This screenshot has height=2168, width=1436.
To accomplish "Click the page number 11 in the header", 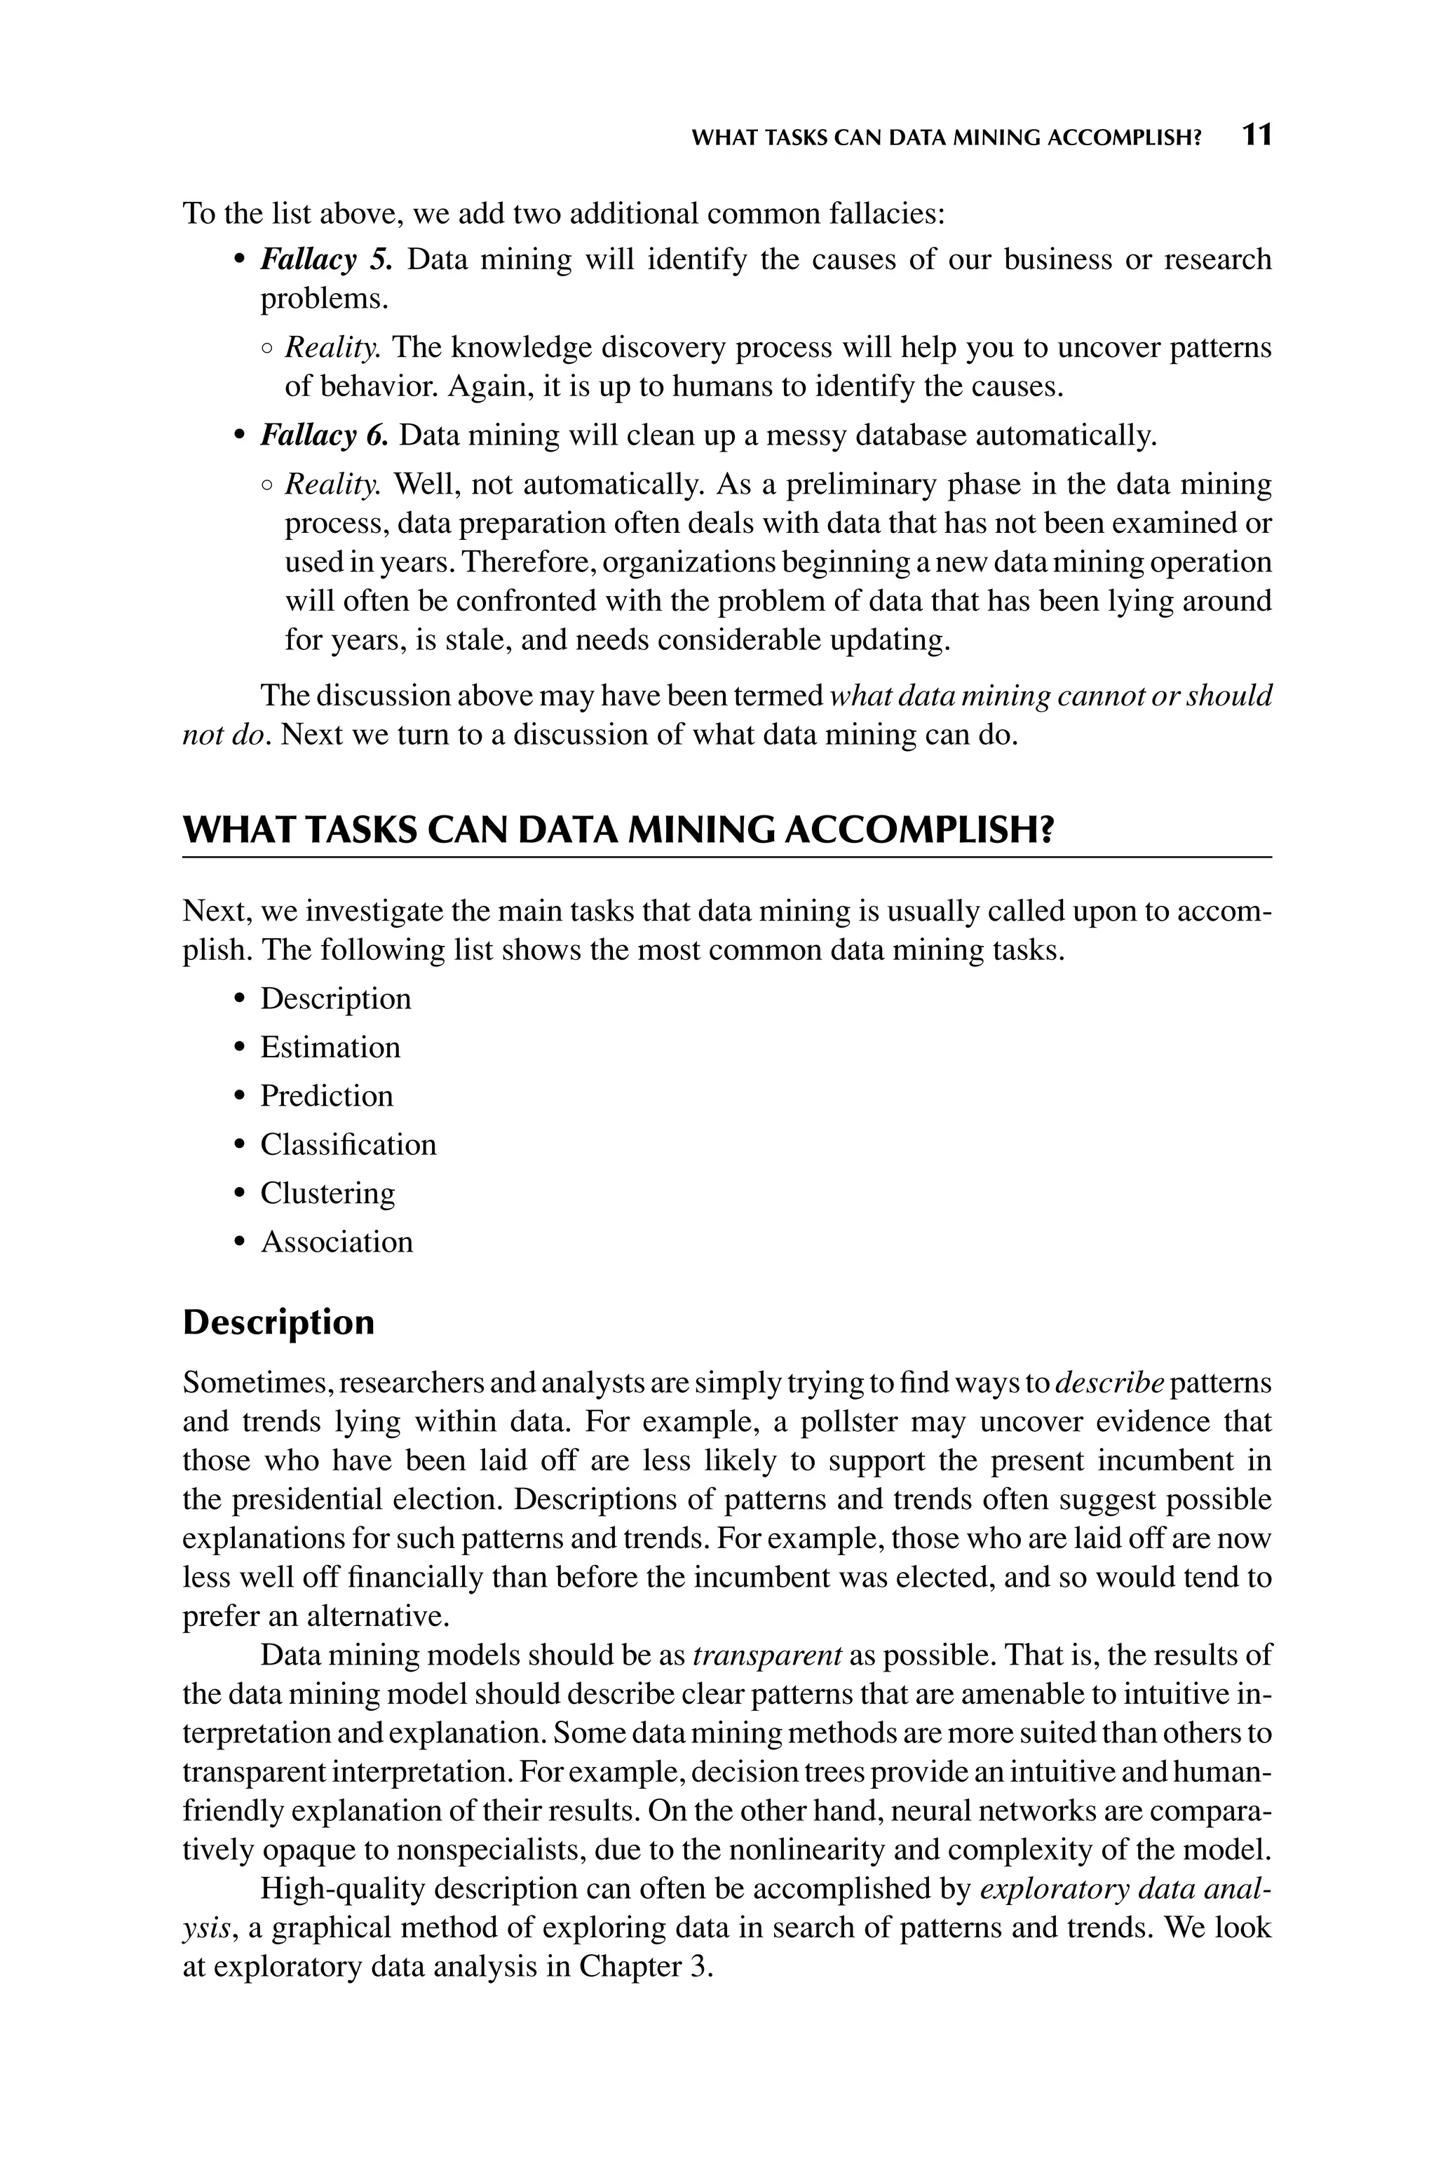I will tap(1256, 135).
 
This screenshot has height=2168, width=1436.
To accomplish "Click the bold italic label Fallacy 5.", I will tap(326, 260).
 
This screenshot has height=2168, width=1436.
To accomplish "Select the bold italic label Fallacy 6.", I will tap(324, 436).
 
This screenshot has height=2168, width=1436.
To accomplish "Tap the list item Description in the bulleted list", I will tap(335, 999).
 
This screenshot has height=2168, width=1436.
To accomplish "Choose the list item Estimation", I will tap(330, 1048).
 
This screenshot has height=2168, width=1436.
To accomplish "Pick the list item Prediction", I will tap(326, 1096).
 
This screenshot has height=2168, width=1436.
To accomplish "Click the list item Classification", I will tap(348, 1144).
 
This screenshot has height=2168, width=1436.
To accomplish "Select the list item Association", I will tap(336, 1242).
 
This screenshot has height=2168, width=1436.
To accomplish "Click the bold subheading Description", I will tap(278, 1323).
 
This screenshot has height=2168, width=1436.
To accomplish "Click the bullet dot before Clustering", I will tap(240, 1194).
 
